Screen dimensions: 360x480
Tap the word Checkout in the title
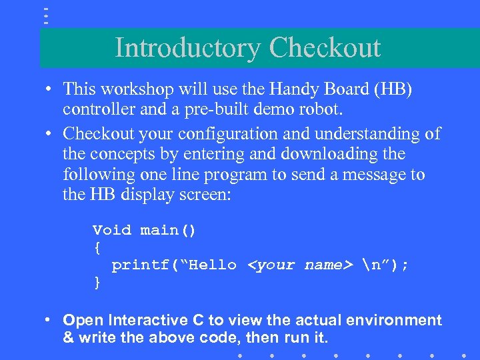pyautogui.click(x=325, y=49)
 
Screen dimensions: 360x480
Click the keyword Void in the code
pyautogui.click(x=112, y=231)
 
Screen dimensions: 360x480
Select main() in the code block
pyautogui.click(x=168, y=231)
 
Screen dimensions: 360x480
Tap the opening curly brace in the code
pyautogui.click(x=97, y=248)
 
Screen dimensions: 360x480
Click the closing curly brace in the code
pyautogui.click(x=97, y=282)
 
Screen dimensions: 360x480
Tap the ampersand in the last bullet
pyautogui.click(x=68, y=338)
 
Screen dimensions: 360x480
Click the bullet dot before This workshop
pyautogui.click(x=50, y=89)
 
